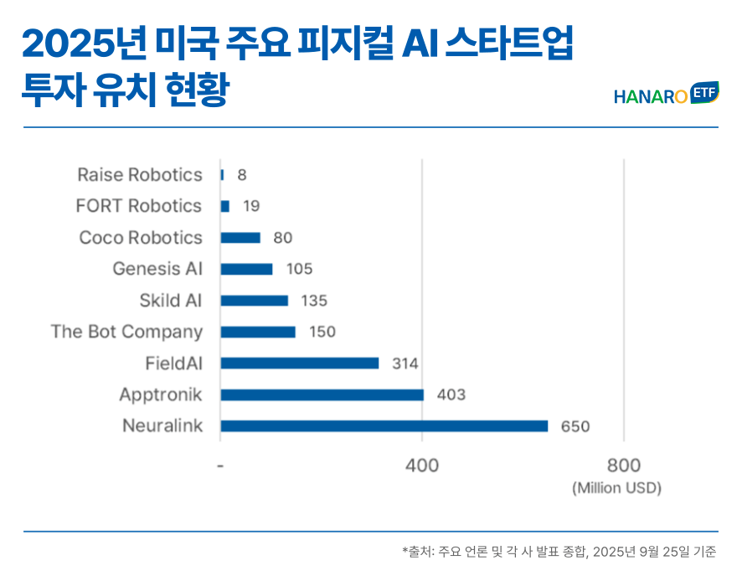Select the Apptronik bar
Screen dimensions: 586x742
coord(322,394)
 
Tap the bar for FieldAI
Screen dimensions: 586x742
coord(299,363)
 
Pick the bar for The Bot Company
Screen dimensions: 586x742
coord(258,332)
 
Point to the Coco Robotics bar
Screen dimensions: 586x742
coord(240,238)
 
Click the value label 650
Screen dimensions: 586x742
coord(575,426)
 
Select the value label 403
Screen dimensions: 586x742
coord(451,394)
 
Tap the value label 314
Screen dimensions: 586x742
coord(405,363)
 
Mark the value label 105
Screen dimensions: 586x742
coord(299,269)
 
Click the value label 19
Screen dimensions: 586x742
coord(251,206)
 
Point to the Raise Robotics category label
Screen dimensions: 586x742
coord(140,175)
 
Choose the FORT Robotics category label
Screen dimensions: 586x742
coord(138,206)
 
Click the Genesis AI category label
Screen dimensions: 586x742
coord(157,269)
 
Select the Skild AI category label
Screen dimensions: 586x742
coord(171,301)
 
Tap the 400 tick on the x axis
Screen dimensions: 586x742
coord(422,465)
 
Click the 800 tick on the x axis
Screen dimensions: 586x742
coord(624,465)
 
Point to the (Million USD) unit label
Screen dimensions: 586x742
coord(616,488)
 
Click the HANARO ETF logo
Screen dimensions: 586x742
coord(666,95)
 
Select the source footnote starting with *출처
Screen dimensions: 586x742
coord(559,551)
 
